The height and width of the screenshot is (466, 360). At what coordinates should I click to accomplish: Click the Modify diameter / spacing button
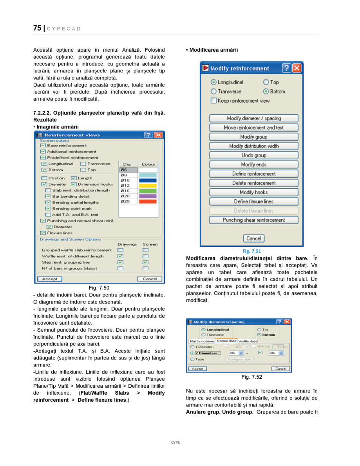click(x=253, y=118)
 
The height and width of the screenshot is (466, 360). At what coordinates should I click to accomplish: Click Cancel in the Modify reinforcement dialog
click(x=253, y=238)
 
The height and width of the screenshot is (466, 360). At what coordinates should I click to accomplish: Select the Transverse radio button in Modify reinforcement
click(x=213, y=91)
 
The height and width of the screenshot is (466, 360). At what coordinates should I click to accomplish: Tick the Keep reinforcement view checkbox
click(x=213, y=101)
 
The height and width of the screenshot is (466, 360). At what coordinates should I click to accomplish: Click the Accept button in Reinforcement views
click(x=49, y=279)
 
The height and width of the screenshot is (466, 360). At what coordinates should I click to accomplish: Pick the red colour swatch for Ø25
click(x=148, y=201)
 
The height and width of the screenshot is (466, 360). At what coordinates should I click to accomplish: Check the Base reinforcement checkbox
click(x=43, y=145)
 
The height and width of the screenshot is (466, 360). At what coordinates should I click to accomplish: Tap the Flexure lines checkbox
click(x=43, y=233)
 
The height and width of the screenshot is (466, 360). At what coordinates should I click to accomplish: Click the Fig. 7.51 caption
click(x=251, y=251)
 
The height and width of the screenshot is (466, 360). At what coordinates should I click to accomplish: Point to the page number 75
click(x=37, y=28)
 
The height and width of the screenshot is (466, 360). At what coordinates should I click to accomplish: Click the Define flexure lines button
click(x=253, y=201)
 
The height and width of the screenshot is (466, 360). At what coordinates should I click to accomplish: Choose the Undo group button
click(x=253, y=155)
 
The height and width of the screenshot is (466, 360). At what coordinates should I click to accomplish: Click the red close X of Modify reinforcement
click(x=297, y=68)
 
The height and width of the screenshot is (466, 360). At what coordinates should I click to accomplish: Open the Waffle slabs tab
click(x=248, y=341)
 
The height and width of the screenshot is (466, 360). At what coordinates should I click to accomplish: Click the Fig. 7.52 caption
click(x=251, y=377)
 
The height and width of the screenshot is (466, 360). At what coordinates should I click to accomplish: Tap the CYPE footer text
click(x=175, y=442)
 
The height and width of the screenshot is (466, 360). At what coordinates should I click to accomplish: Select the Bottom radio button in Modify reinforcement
click(x=266, y=91)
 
